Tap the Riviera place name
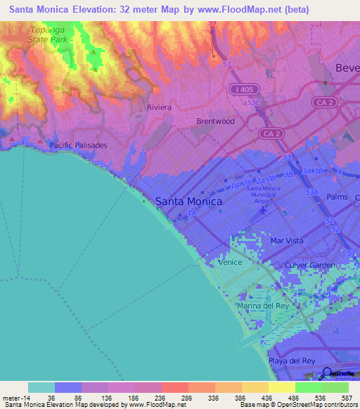pyautogui.click(x=159, y=108)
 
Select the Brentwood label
pyautogui.click(x=215, y=121)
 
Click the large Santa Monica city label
pyautogui.click(x=188, y=201)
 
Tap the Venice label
pyautogui.click(x=230, y=262)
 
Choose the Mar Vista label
pyautogui.click(x=287, y=240)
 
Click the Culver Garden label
pyautogui.click(x=310, y=265)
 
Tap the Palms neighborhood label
pyautogui.click(x=337, y=197)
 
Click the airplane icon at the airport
pyautogui.click(x=264, y=209)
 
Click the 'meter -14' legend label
pyautogui.click(x=15, y=397)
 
